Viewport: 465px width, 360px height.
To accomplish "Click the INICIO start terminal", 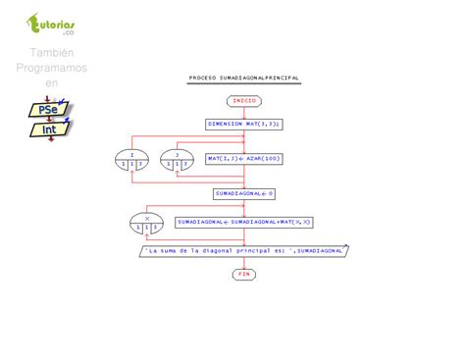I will (x=244, y=100).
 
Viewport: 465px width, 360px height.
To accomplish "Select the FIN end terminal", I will (x=244, y=274).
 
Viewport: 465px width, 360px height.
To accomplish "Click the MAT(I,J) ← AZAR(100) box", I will (x=244, y=158).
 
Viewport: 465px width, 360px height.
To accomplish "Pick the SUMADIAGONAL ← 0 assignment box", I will (x=244, y=193).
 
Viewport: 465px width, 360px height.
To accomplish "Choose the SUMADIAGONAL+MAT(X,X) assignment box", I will (x=244, y=224).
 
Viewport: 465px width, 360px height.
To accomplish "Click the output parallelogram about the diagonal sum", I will (x=244, y=251).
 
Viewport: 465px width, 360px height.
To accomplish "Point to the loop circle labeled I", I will (x=132, y=158).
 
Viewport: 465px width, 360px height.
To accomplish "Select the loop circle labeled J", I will (x=177, y=158).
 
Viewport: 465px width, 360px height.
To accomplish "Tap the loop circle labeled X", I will (x=147, y=224).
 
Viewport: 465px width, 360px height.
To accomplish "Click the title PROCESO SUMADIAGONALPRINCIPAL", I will (x=244, y=77).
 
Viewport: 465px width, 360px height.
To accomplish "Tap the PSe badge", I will (x=48, y=110).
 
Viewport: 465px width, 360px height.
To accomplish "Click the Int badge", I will (x=48, y=129).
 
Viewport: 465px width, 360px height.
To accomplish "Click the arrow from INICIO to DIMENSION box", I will (x=244, y=112).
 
